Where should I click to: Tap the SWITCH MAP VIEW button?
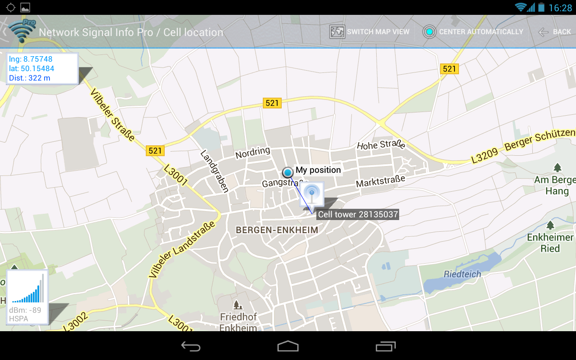click(369, 32)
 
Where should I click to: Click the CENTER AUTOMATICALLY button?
click(473, 32)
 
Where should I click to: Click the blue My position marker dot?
click(288, 172)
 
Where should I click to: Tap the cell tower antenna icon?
click(312, 194)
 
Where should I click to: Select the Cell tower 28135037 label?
click(358, 214)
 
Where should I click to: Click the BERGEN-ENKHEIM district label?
click(277, 230)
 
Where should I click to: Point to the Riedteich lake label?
click(462, 274)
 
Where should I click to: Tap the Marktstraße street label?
click(380, 181)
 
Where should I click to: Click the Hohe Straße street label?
click(381, 145)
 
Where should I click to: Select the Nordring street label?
click(252, 153)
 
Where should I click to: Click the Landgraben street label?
click(215, 171)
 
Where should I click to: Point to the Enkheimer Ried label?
click(550, 243)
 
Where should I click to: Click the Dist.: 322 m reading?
click(30, 78)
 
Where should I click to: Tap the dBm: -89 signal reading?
click(25, 310)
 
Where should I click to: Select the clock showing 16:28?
click(560, 8)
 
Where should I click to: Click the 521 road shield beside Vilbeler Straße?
click(155, 151)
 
